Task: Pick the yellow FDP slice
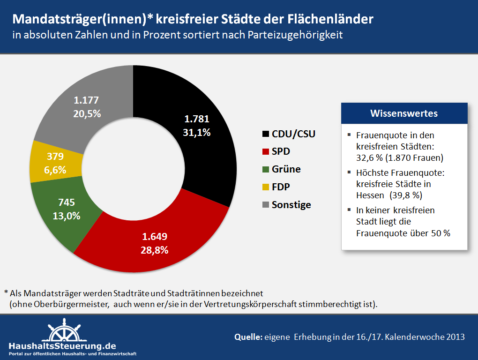(x=42, y=162)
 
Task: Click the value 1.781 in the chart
(x=196, y=119)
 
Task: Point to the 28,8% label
(x=154, y=250)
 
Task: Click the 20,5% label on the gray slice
(x=87, y=113)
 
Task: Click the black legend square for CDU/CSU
(x=266, y=134)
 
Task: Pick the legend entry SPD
(x=281, y=151)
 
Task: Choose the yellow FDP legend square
(x=266, y=187)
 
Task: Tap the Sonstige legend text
(x=291, y=205)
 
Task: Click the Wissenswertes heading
(x=404, y=113)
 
